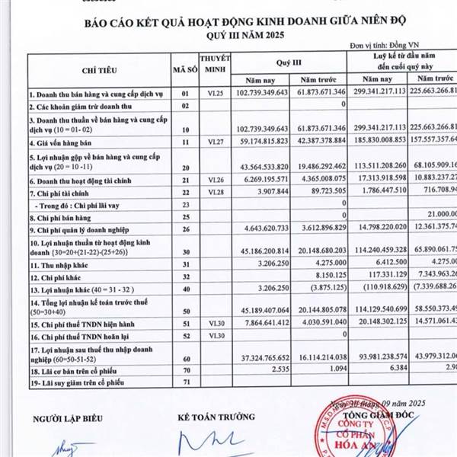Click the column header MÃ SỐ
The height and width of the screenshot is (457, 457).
click(181, 69)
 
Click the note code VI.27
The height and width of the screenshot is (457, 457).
click(209, 141)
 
